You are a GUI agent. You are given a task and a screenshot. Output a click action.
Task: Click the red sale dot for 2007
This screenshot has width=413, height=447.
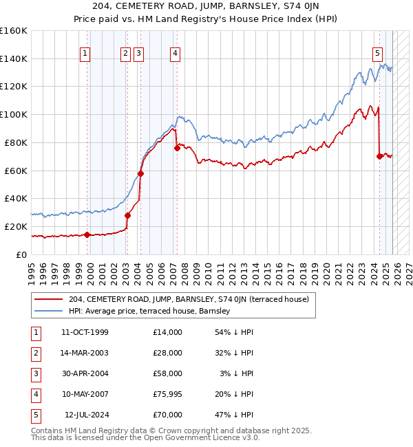coord(177,148)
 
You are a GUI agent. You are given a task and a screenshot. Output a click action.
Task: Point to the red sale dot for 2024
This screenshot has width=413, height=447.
coord(379,156)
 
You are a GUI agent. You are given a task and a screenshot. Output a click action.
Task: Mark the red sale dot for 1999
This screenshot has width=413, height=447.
coord(87,235)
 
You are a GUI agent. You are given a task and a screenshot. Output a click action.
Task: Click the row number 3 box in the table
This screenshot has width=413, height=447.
coord(34,373)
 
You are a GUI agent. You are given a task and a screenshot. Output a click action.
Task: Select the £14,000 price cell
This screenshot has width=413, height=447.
coord(167,332)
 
